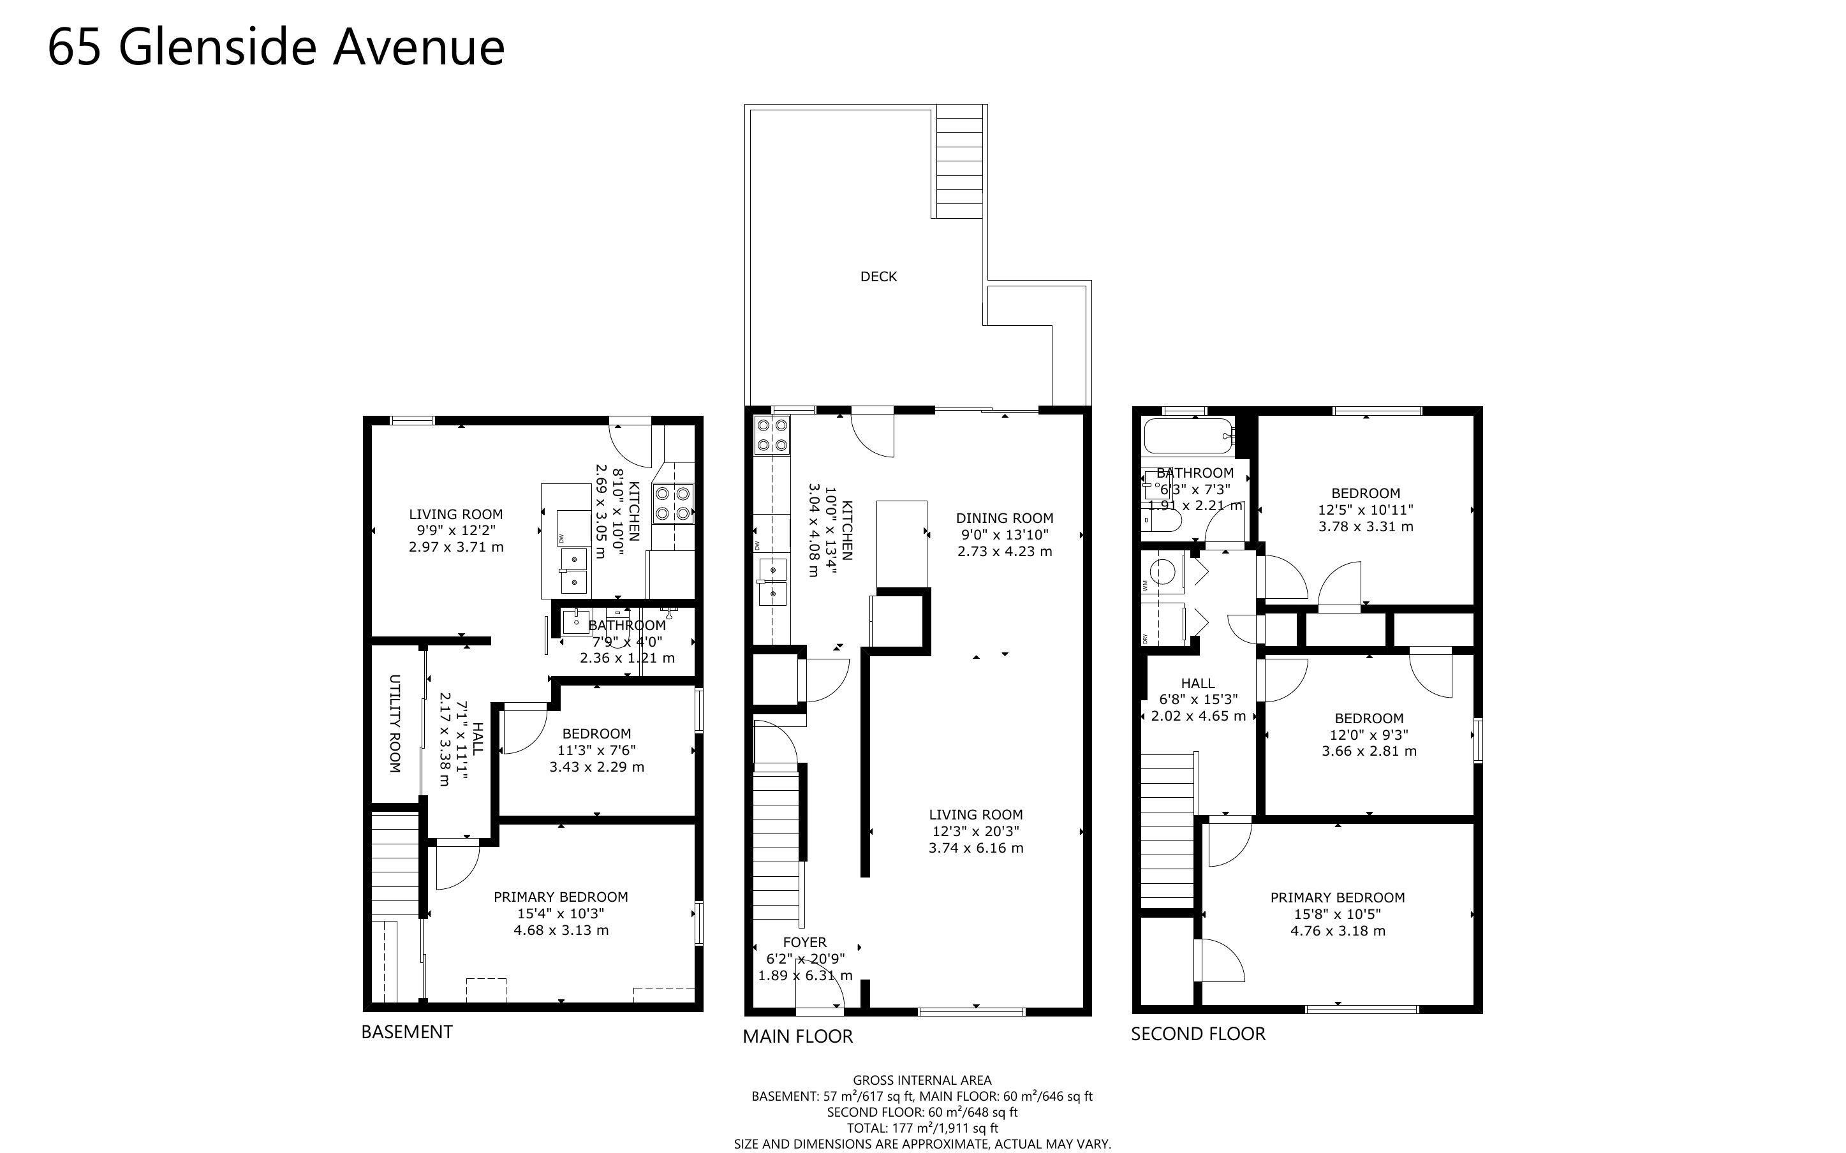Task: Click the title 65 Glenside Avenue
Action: click(x=276, y=47)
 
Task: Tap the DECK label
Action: click(x=878, y=277)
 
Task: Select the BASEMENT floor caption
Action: click(x=406, y=1032)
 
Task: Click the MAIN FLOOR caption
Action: click(x=797, y=1036)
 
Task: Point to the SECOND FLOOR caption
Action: click(x=1198, y=1034)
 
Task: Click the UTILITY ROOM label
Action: click(x=395, y=724)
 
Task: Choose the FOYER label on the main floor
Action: click(x=804, y=943)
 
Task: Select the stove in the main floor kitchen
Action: click(x=772, y=436)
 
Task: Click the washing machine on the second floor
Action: click(x=1163, y=573)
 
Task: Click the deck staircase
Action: click(x=960, y=163)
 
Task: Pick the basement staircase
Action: click(x=395, y=864)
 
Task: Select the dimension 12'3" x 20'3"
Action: click(x=976, y=831)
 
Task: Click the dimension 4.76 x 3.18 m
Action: click(x=1338, y=930)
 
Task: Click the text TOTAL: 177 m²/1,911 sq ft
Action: click(x=922, y=1128)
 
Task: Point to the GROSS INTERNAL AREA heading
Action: click(x=922, y=1080)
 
